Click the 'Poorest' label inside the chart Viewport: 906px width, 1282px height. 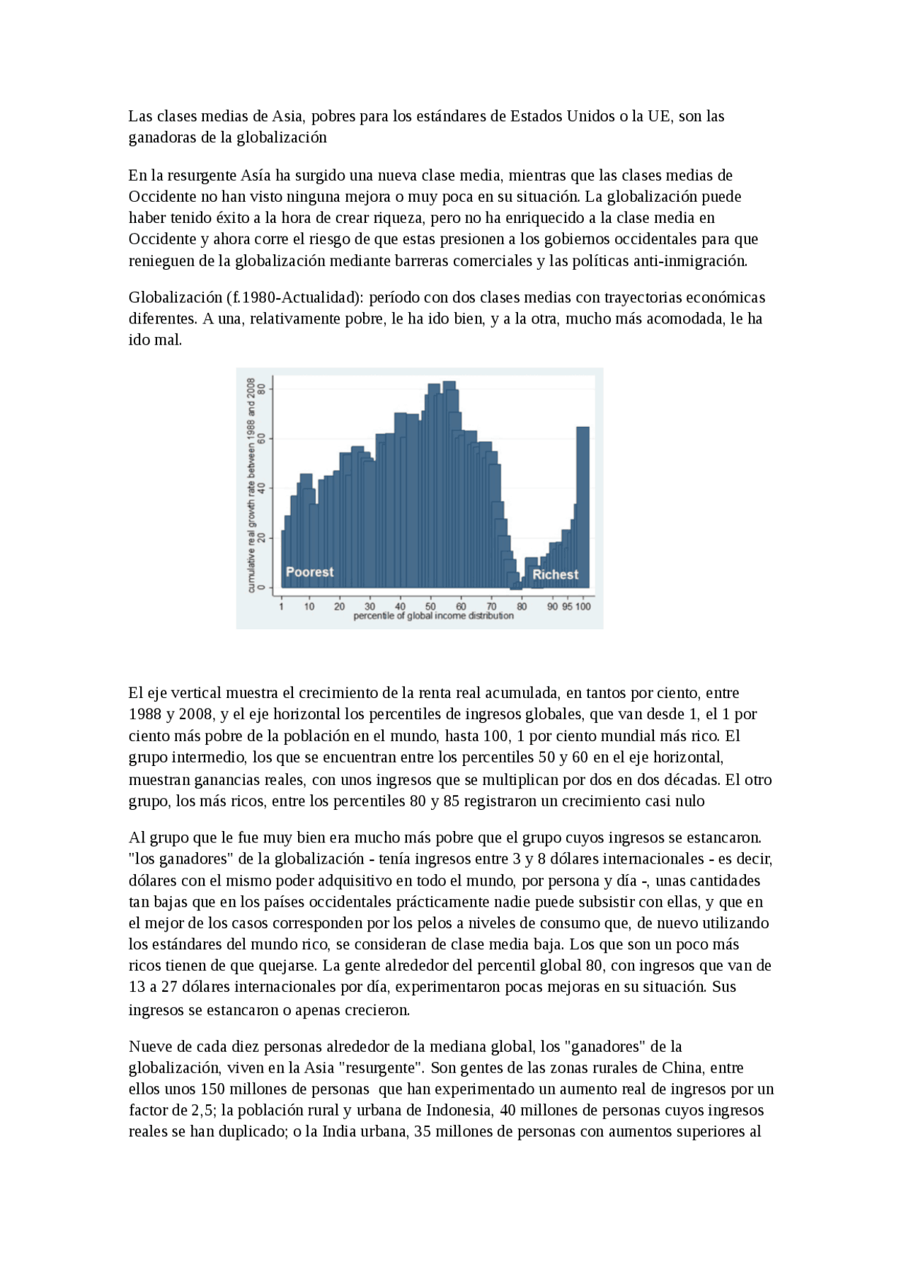pyautogui.click(x=309, y=572)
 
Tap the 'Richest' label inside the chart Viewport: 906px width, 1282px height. pyautogui.click(x=555, y=575)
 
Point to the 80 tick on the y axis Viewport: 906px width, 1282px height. pyautogui.click(x=262, y=389)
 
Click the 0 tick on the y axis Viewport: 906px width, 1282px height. pyautogui.click(x=262, y=587)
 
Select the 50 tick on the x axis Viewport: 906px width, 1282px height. pyautogui.click(x=430, y=606)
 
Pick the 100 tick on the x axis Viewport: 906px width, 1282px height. pyautogui.click(x=583, y=606)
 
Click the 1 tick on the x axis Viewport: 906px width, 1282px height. pyautogui.click(x=282, y=606)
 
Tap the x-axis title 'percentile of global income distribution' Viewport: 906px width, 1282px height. pyautogui.click(x=433, y=616)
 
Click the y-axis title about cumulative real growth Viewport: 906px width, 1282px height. pyautogui.click(x=251, y=485)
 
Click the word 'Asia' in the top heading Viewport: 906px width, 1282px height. pyautogui.click(x=287, y=116)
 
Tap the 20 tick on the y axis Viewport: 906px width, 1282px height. pyautogui.click(x=262, y=538)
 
